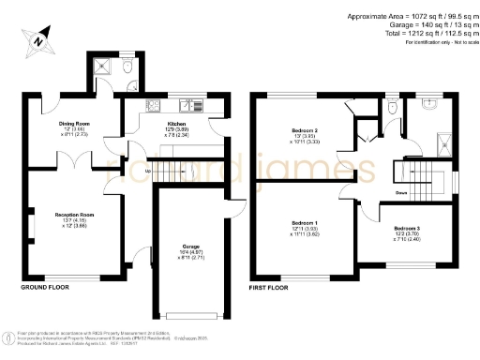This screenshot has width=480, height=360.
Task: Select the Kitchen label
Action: coord(176,124)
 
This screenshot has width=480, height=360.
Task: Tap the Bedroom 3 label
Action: coord(407,229)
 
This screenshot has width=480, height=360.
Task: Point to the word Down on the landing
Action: coord(400,194)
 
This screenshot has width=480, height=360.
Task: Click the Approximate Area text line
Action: coord(410,16)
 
